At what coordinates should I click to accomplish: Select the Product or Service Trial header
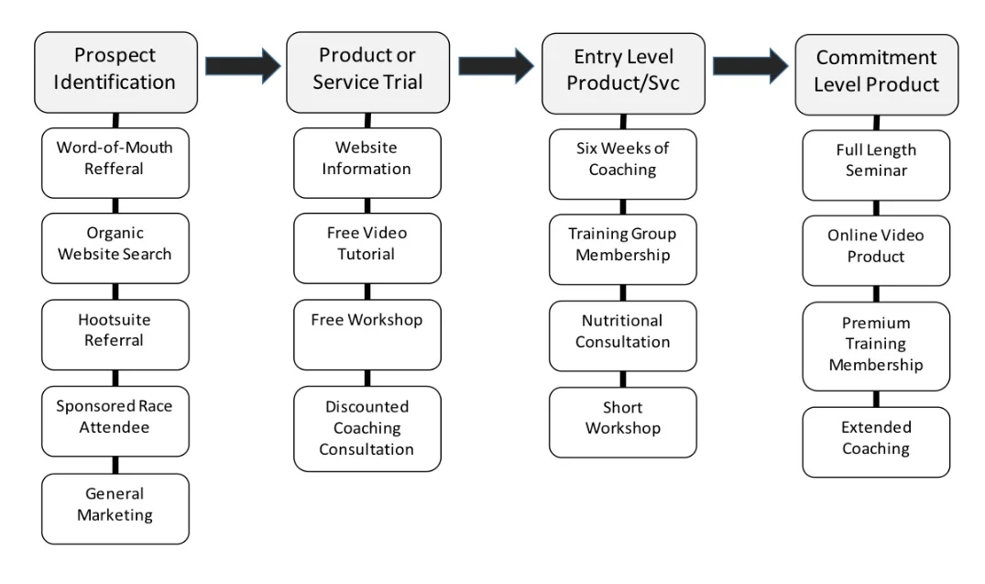coord(367,69)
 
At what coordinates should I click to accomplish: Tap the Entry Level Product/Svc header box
coord(623,70)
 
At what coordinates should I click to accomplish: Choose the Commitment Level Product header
coord(877,72)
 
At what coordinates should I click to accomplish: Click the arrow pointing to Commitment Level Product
coord(750,65)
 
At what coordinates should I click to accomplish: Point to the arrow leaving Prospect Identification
coord(243,64)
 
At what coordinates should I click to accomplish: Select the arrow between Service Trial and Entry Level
coord(496,65)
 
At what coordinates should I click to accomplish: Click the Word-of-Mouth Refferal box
coord(115,158)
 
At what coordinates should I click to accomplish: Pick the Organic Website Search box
coord(115,244)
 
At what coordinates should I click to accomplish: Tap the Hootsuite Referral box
coord(115,330)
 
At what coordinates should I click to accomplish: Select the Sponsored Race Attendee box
coord(115,417)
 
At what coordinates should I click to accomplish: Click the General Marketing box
coord(115,504)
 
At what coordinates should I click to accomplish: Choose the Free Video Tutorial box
coord(367,244)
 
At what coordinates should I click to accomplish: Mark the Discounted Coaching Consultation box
coord(367,428)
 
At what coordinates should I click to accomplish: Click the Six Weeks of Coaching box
coord(623,159)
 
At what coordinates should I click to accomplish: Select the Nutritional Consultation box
coord(623,331)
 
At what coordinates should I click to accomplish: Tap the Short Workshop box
coord(623,418)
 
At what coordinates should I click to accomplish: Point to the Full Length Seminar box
coord(877,160)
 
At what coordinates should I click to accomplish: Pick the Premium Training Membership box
coord(877,345)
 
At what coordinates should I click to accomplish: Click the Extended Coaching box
coord(877,438)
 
